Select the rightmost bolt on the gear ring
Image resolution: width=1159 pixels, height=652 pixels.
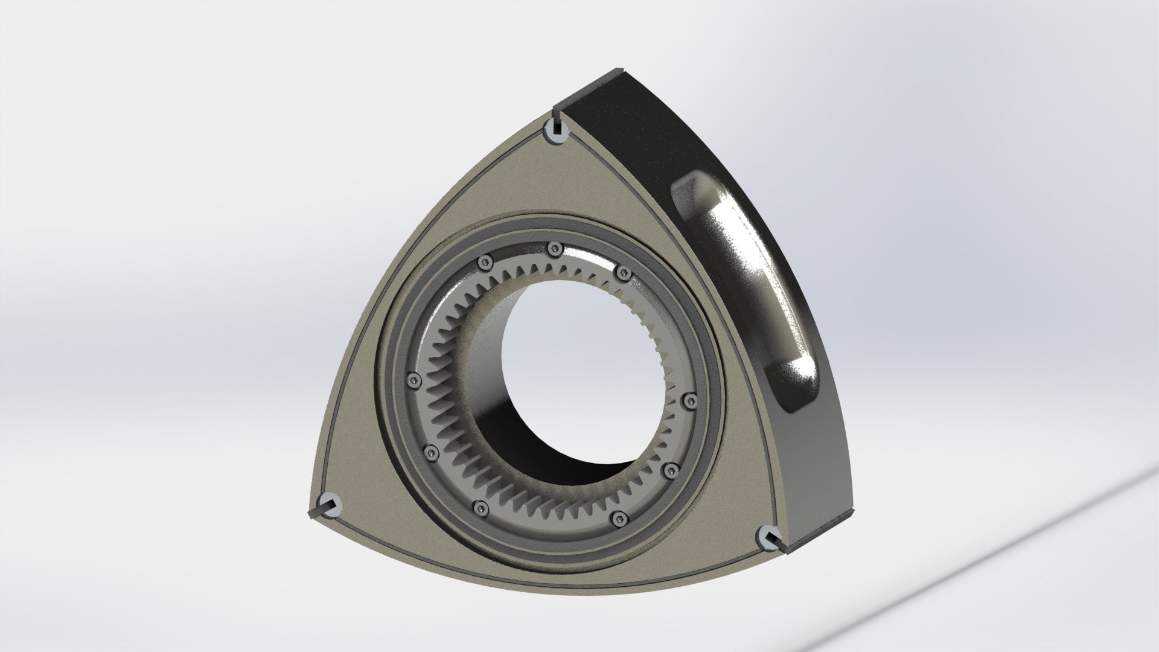point(692,400)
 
